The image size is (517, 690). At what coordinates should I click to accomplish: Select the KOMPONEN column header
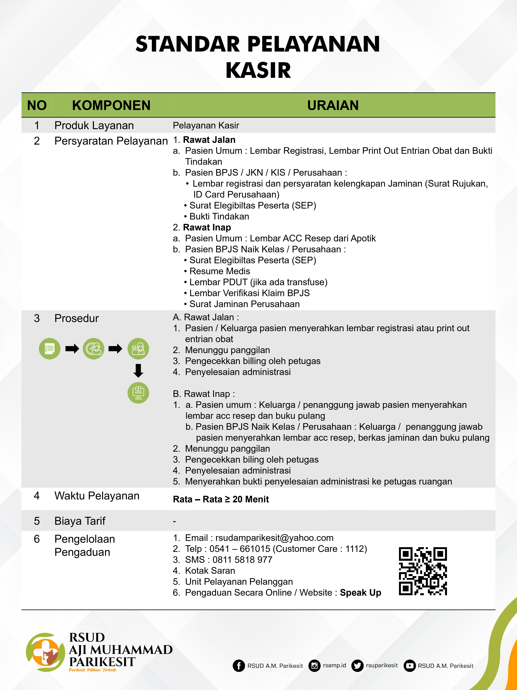(111, 105)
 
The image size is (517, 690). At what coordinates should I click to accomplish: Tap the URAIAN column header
(333, 105)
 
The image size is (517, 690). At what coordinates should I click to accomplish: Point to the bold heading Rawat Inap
(207, 227)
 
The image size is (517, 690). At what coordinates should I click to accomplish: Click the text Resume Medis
(220, 271)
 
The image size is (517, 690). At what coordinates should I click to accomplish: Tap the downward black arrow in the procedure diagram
(138, 371)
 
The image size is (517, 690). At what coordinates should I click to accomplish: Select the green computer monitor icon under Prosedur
(138, 393)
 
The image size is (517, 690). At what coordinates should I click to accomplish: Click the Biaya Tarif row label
(80, 521)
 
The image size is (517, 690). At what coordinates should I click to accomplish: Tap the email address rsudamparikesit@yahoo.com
(274, 538)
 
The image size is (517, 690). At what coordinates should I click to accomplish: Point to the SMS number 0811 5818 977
(242, 560)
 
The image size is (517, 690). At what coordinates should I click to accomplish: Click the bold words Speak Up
(360, 593)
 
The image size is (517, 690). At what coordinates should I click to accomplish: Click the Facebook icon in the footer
(239, 666)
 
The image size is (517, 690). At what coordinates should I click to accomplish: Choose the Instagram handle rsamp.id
(334, 665)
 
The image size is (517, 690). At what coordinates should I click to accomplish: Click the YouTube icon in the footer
(409, 666)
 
